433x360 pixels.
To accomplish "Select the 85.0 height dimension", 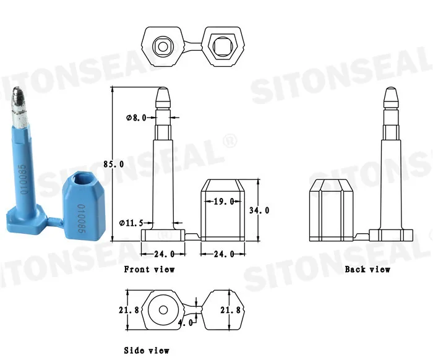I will point(113,164).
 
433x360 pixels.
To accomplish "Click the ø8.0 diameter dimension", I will point(135,118).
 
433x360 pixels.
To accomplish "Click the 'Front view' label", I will point(149,269).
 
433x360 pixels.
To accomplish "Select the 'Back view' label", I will point(367,269).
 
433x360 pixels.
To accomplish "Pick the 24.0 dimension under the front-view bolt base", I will point(163,253).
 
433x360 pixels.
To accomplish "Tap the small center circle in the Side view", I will point(163,309).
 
